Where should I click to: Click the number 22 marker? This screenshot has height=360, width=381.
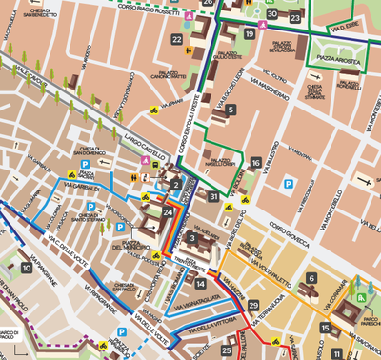coord(178,39)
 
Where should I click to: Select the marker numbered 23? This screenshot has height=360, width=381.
coord(295,18)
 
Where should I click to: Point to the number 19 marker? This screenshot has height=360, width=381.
coord(250,34)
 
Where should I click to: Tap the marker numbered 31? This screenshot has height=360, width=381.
coord(213,197)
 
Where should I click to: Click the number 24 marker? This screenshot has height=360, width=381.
coord(169,211)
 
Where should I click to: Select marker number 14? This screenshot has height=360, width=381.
coord(200,283)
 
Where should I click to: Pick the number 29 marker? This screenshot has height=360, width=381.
coord(252,305)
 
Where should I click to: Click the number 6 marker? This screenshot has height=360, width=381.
coord(311,278)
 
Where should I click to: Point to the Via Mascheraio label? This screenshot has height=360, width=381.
coord(271,95)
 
